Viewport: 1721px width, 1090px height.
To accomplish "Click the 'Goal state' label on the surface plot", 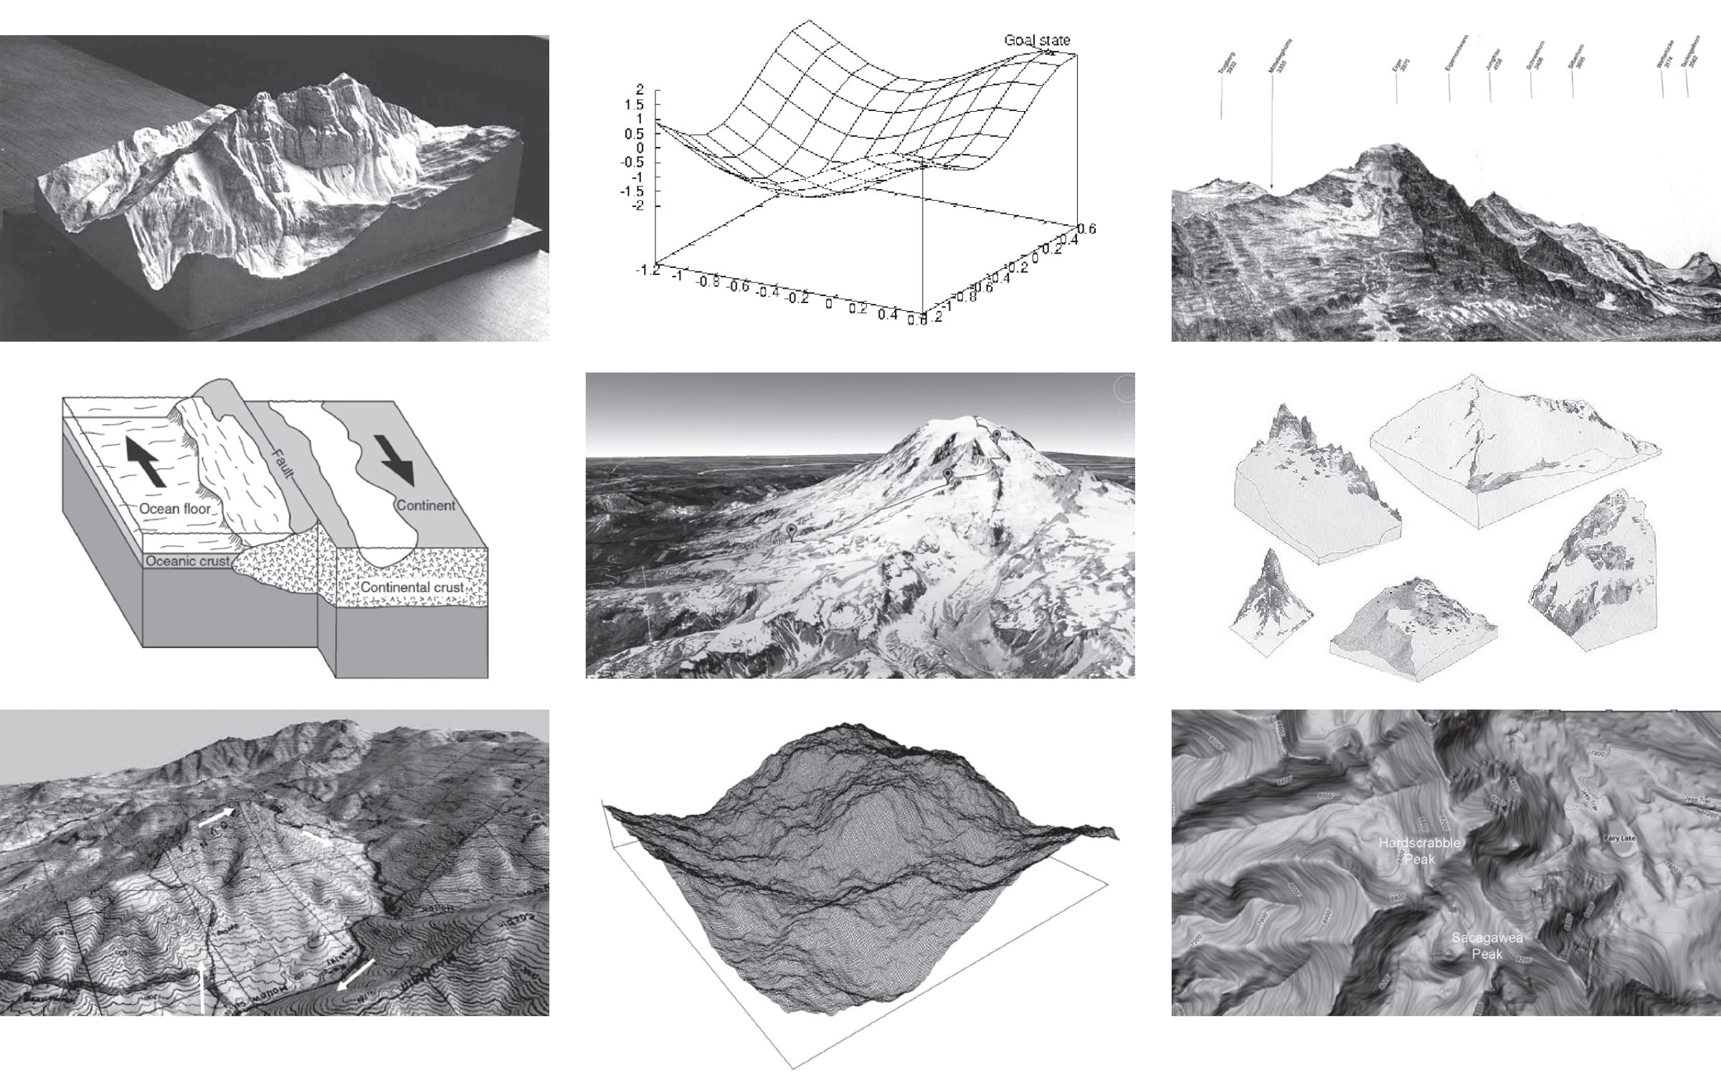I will point(1036,40).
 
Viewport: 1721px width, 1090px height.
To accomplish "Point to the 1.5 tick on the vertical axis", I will point(636,105).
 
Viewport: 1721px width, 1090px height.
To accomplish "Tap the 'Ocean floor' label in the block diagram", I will point(175,509).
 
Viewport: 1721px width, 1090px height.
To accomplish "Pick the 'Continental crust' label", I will point(412,588).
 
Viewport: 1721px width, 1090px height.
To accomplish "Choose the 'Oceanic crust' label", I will point(188,561).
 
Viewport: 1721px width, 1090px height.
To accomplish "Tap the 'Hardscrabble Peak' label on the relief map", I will point(1419,851).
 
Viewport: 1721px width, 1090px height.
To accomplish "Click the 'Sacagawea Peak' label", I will point(1487,946).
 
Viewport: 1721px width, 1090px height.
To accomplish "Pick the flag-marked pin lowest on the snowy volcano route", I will point(791,531).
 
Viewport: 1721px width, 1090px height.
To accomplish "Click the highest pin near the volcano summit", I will point(997,435).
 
